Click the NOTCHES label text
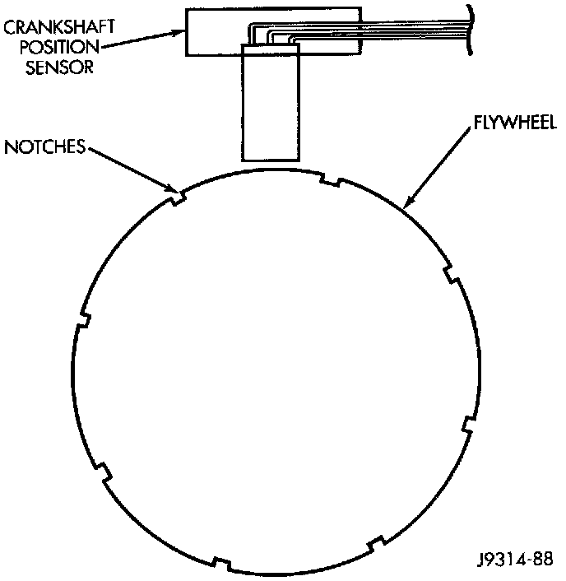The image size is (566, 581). click(45, 147)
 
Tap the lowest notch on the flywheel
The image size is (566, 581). click(220, 564)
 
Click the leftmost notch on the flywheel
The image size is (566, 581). click(81, 321)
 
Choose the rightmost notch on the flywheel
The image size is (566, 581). click(467, 425)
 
